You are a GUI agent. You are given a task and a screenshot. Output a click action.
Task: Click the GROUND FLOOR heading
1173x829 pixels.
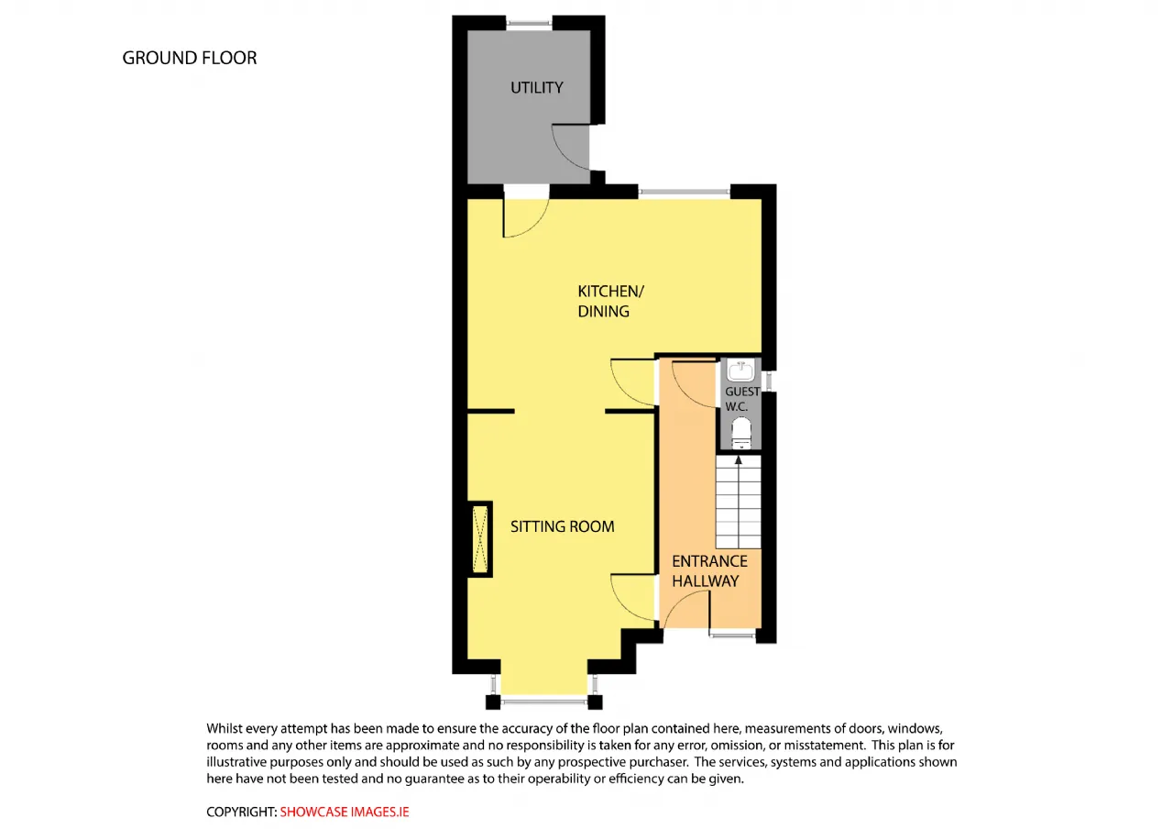click(x=190, y=58)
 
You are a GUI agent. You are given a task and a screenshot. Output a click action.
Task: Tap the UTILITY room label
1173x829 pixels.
click(x=537, y=87)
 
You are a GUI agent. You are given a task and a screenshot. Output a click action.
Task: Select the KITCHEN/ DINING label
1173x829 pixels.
click(x=610, y=302)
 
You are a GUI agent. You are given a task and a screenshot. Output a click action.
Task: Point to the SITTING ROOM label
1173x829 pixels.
click(x=563, y=526)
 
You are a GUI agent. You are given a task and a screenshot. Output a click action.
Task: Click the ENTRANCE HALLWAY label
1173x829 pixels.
click(x=709, y=571)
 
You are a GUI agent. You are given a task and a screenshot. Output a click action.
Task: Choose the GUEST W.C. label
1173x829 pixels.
click(x=742, y=399)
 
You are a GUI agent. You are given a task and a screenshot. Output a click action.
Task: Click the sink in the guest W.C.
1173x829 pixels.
click(x=741, y=370)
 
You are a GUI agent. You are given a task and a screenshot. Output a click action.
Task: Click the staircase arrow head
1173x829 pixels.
click(x=739, y=460)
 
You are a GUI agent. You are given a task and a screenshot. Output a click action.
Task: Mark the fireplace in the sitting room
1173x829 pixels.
click(x=480, y=539)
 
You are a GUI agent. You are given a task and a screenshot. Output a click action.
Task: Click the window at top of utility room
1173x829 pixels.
click(x=529, y=23)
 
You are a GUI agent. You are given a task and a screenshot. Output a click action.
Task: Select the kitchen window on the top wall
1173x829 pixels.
click(x=684, y=192)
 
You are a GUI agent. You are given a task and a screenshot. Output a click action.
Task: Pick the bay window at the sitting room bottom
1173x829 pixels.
click(x=543, y=701)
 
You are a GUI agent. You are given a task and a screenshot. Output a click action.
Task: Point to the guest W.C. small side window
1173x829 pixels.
click(x=769, y=381)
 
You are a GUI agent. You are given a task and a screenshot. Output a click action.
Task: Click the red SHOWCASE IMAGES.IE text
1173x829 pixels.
click(x=345, y=812)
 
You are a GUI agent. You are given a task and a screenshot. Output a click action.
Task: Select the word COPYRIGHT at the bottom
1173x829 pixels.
click(x=241, y=812)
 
